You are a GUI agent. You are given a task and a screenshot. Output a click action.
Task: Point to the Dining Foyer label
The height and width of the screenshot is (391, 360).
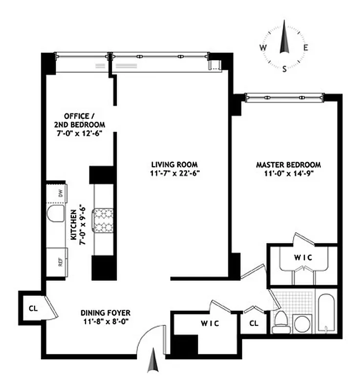(x=106, y=312)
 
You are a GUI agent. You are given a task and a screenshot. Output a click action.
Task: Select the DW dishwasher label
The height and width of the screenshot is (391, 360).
(x=61, y=194)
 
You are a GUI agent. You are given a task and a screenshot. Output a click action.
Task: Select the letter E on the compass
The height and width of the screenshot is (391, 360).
(x=306, y=47)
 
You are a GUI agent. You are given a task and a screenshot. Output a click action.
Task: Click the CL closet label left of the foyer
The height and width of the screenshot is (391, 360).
(x=33, y=308)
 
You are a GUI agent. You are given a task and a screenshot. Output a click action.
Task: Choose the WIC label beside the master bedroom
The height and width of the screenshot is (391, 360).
(x=303, y=258)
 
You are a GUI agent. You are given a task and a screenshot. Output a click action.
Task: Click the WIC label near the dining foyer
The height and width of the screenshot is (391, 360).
(x=209, y=324)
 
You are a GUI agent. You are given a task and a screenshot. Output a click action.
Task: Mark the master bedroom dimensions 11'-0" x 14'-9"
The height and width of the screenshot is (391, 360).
(x=285, y=173)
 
